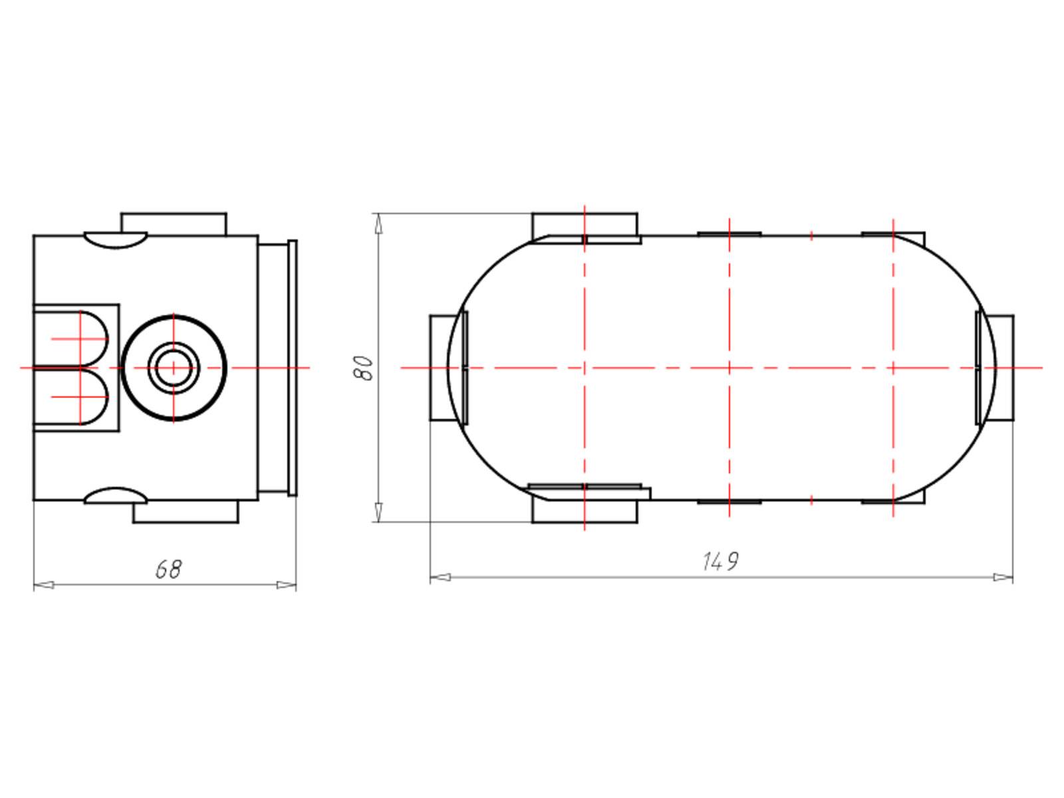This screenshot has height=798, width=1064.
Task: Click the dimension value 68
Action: (169, 569)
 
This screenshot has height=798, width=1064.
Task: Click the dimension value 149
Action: (720, 561)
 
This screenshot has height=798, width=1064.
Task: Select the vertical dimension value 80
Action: (364, 368)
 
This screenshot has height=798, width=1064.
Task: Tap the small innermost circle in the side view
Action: (173, 368)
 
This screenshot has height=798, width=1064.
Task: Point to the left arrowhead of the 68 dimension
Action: (44, 585)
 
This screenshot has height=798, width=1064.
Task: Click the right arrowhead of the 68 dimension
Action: (286, 585)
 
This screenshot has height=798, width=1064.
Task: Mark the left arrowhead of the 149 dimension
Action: (441, 577)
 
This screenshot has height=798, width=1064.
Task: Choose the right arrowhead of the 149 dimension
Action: (1003, 577)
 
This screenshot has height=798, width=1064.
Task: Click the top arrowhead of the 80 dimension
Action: (378, 223)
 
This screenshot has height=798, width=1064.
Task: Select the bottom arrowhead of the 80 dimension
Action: (378, 512)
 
